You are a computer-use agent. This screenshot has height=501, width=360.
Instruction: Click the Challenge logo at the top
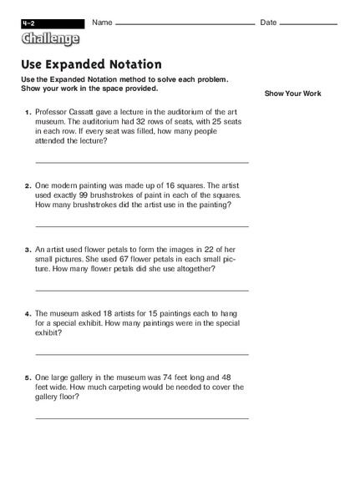pyautogui.click(x=51, y=38)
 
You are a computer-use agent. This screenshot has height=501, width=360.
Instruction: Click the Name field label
pyautogui.click(x=102, y=22)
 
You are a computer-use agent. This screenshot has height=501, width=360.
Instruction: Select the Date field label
pyautogui.click(x=268, y=22)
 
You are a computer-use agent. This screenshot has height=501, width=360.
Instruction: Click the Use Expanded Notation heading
pyautogui.click(x=92, y=64)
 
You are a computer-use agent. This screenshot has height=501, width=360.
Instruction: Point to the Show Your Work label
pyautogui.click(x=292, y=94)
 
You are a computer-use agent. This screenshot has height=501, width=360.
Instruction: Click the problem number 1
pyautogui.click(x=28, y=112)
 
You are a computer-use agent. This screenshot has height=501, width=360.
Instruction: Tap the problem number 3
pyautogui.click(x=28, y=250)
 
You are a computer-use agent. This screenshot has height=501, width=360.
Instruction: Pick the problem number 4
pyautogui.click(x=28, y=314)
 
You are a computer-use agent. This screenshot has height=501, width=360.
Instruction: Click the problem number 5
pyautogui.click(x=28, y=377)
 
